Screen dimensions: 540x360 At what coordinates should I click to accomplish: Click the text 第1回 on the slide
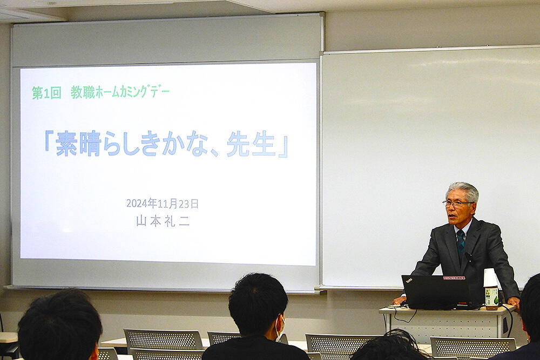coord(46,93)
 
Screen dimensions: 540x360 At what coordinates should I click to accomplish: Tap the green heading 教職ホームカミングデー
coord(120,92)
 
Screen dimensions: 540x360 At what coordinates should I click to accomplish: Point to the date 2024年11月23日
coord(162,203)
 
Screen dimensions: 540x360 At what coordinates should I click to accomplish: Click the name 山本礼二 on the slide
coord(163,221)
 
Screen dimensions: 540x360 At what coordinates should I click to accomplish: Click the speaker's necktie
coord(461,243)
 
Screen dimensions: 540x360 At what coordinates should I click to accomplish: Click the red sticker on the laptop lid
coord(454,277)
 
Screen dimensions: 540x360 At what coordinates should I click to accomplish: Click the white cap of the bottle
coord(490,277)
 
